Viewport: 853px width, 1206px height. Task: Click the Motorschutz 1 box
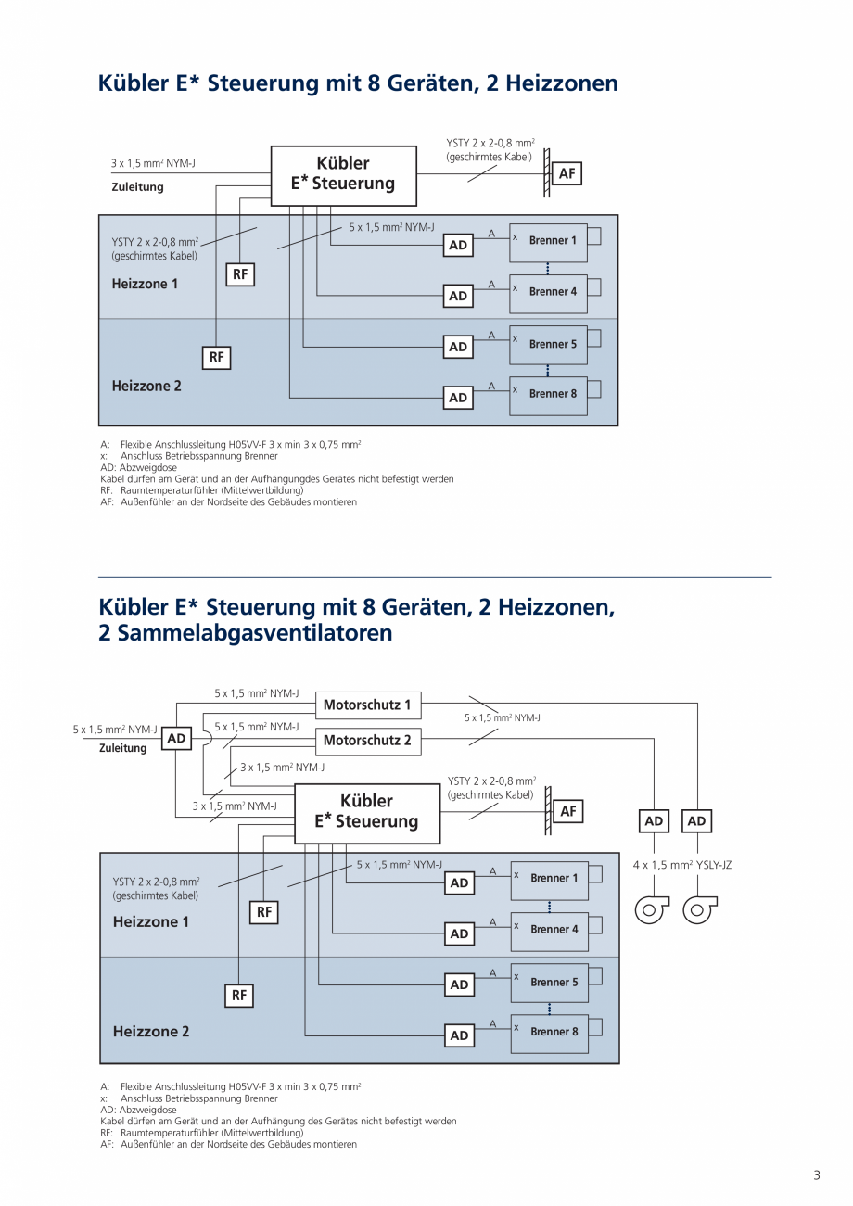click(x=367, y=705)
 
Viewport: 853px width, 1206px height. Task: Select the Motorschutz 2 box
click(x=367, y=741)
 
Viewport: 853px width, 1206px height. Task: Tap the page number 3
click(x=817, y=1175)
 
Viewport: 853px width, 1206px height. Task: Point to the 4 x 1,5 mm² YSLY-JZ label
click(x=682, y=865)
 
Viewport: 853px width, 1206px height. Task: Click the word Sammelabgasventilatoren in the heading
click(x=246, y=633)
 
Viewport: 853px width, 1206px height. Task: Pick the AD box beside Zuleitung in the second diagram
click(x=176, y=739)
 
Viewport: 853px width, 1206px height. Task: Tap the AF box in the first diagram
click(x=567, y=173)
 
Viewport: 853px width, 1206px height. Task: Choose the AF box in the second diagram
click(x=568, y=811)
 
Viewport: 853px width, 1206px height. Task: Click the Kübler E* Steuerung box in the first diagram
click(x=343, y=174)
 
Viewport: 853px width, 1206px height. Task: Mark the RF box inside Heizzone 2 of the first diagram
click(x=216, y=357)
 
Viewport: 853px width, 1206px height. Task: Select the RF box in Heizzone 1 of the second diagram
click(x=264, y=912)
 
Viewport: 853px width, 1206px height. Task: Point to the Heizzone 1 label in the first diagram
click(x=145, y=284)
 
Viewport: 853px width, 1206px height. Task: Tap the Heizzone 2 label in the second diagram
click(x=151, y=1031)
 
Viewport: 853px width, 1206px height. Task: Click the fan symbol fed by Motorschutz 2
click(x=652, y=909)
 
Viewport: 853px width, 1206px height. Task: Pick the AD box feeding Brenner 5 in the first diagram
click(x=458, y=347)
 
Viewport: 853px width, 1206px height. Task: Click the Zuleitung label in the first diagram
click(x=137, y=187)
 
